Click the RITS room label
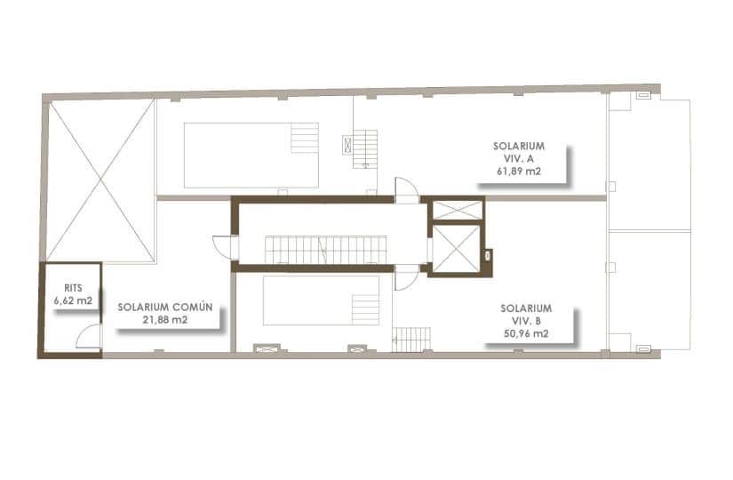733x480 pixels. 73,288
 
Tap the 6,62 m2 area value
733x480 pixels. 73,300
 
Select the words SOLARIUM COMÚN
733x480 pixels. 164,307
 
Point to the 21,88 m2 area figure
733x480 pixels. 164,320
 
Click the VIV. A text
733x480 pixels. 519,158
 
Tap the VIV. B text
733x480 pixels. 520,322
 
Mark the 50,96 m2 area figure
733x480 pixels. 520,335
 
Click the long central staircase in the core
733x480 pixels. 326,249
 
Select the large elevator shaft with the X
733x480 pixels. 456,248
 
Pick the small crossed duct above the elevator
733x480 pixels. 456,210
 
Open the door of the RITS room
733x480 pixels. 89,336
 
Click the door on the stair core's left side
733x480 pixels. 223,247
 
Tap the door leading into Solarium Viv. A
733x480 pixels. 406,189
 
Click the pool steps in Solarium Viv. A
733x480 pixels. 304,138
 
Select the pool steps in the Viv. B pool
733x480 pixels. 366,308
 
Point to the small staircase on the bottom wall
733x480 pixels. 411,339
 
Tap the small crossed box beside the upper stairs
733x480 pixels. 347,145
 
